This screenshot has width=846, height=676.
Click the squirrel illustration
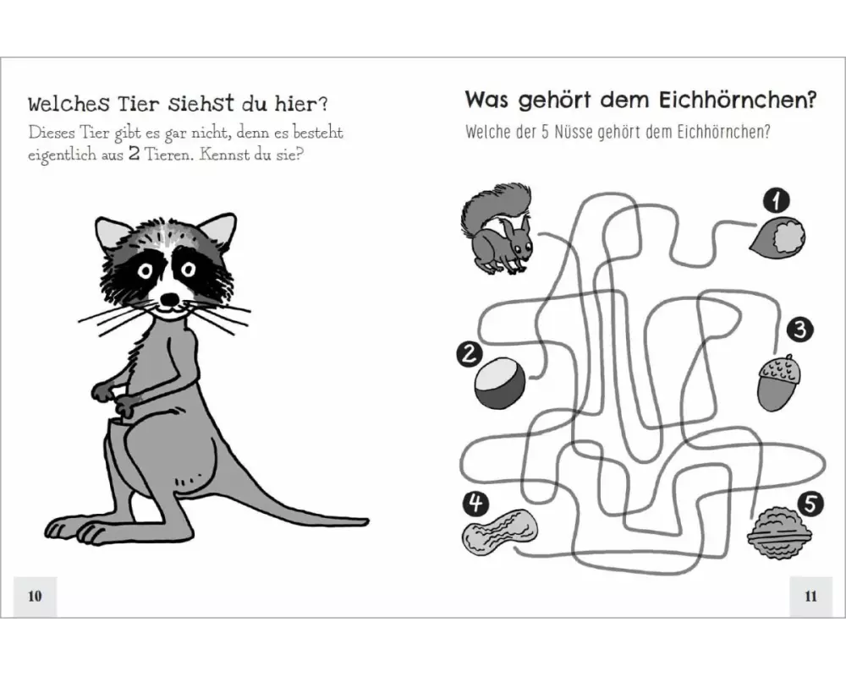(x=497, y=229)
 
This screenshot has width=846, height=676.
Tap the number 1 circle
(x=777, y=201)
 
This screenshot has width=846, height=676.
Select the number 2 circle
(x=469, y=354)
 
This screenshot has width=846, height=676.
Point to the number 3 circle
(x=799, y=329)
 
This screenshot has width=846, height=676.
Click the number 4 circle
(x=475, y=504)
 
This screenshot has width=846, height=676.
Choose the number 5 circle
(x=810, y=504)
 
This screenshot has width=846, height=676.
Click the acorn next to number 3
(x=778, y=383)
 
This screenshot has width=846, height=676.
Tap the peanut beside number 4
(x=500, y=532)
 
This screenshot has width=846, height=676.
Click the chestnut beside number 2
(x=500, y=384)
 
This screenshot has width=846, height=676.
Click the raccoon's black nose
(x=171, y=298)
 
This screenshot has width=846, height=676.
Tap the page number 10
(x=35, y=596)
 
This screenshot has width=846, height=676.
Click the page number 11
(x=810, y=596)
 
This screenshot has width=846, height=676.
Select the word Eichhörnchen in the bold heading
(x=738, y=101)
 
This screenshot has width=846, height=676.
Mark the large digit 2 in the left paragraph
(x=134, y=155)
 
